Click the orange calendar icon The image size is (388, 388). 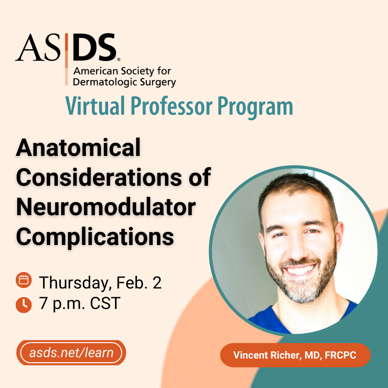(23, 280)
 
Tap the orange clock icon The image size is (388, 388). (23, 305)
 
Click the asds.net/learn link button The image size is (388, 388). (71, 353)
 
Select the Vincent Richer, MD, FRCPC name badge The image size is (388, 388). (295, 355)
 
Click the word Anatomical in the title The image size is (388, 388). (78, 148)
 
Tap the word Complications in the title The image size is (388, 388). (95, 237)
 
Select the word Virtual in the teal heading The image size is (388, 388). (95, 106)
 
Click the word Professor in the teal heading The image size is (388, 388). (171, 106)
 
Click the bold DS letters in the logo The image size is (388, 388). (94, 47)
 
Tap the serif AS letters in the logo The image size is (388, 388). (38, 47)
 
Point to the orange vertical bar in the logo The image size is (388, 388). (66, 59)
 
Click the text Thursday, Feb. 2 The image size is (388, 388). (100, 283)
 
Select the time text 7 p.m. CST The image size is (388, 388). (80, 303)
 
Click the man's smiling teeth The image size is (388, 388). (300, 269)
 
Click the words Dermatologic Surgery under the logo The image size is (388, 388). (124, 82)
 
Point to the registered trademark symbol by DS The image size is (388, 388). (119, 59)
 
